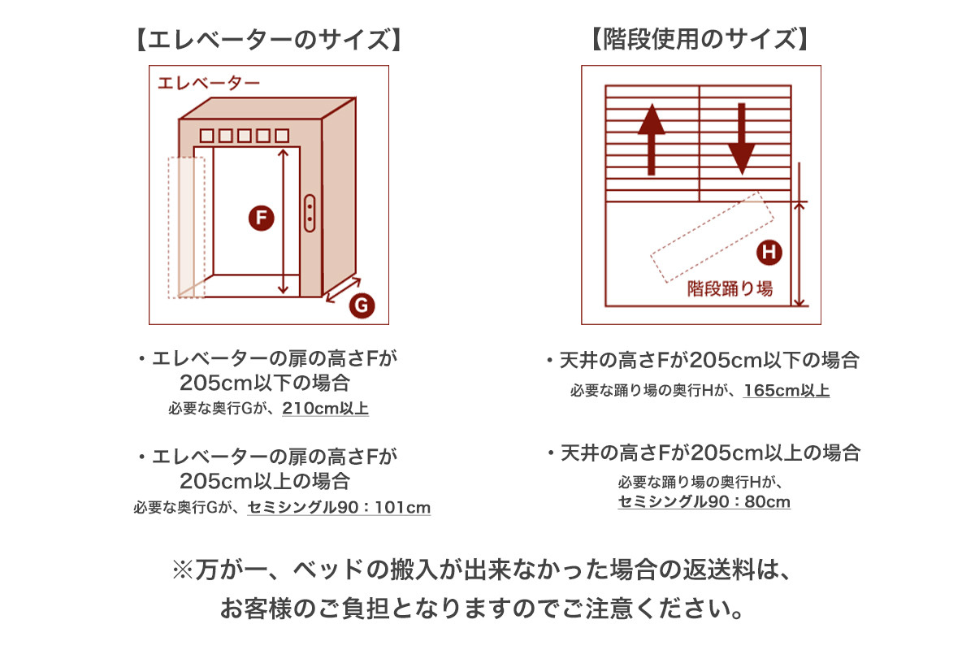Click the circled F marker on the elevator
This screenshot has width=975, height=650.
pyautogui.click(x=261, y=218)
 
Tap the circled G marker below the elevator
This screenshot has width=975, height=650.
pyautogui.click(x=362, y=305)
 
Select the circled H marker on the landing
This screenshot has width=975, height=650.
pyautogui.click(x=769, y=252)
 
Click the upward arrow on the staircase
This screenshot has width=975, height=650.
pyautogui.click(x=651, y=139)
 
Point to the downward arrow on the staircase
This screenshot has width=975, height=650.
pyautogui.click(x=742, y=139)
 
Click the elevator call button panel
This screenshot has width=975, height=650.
pyautogui.click(x=310, y=213)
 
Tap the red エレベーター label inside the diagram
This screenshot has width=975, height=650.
pyautogui.click(x=209, y=83)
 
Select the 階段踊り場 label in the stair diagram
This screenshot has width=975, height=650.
pyautogui.click(x=730, y=288)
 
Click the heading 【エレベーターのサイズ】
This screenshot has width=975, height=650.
pyautogui.click(x=269, y=39)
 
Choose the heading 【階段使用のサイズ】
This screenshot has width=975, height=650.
pyautogui.click(x=700, y=39)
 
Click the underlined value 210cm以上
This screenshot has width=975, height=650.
pyautogui.click(x=326, y=409)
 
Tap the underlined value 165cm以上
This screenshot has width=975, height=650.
pyautogui.click(x=786, y=390)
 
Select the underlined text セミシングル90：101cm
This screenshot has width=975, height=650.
pyautogui.click(x=339, y=507)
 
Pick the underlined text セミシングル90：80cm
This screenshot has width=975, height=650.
pyautogui.click(x=704, y=501)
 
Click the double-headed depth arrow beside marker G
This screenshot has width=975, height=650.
pyautogui.click(x=344, y=289)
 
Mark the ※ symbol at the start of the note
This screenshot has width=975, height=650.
pyautogui.click(x=182, y=570)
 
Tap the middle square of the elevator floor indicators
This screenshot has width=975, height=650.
pyautogui.click(x=245, y=136)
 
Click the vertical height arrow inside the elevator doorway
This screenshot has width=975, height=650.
pyautogui.click(x=283, y=222)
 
